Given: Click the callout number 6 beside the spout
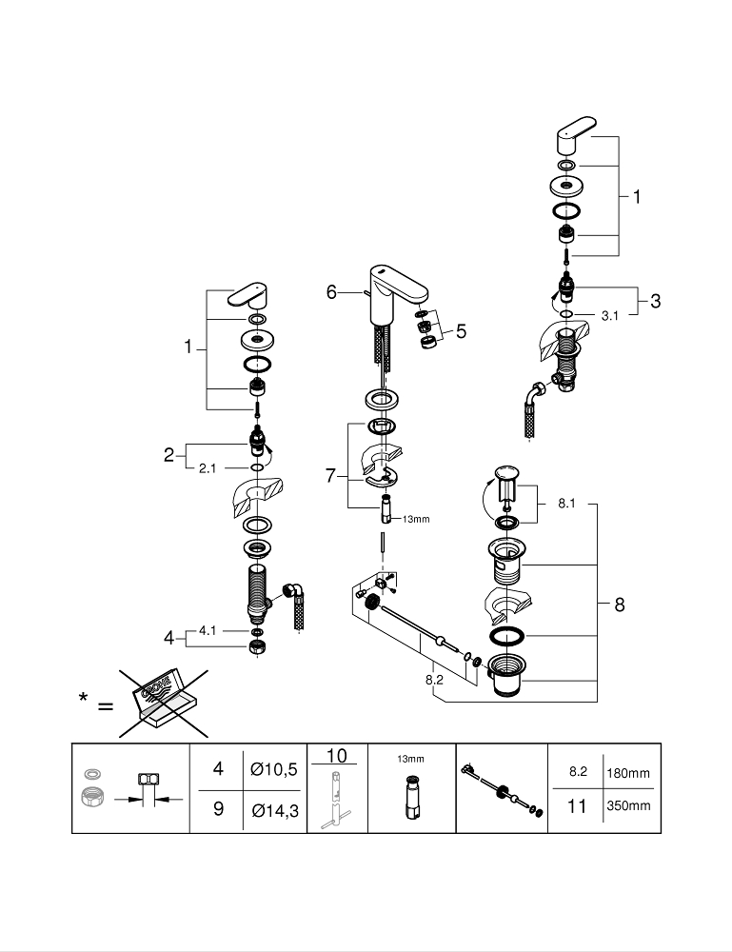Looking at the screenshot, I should [x=331, y=292].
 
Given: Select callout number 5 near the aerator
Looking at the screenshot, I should [x=461, y=331].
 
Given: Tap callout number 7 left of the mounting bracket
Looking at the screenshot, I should [x=330, y=475].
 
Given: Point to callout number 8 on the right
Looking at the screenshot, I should [x=620, y=605].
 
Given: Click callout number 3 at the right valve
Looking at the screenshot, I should [x=655, y=301].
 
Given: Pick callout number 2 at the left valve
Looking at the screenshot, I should [x=168, y=455].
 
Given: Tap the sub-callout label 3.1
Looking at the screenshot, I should [x=610, y=315].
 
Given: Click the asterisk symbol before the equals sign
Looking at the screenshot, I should [x=84, y=702].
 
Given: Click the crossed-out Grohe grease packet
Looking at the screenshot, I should [x=164, y=702].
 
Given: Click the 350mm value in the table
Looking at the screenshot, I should [x=628, y=805].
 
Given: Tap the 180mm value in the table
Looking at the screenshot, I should [x=628, y=773].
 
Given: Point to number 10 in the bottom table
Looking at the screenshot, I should [x=336, y=756].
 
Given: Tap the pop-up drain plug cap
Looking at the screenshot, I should [x=505, y=473].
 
